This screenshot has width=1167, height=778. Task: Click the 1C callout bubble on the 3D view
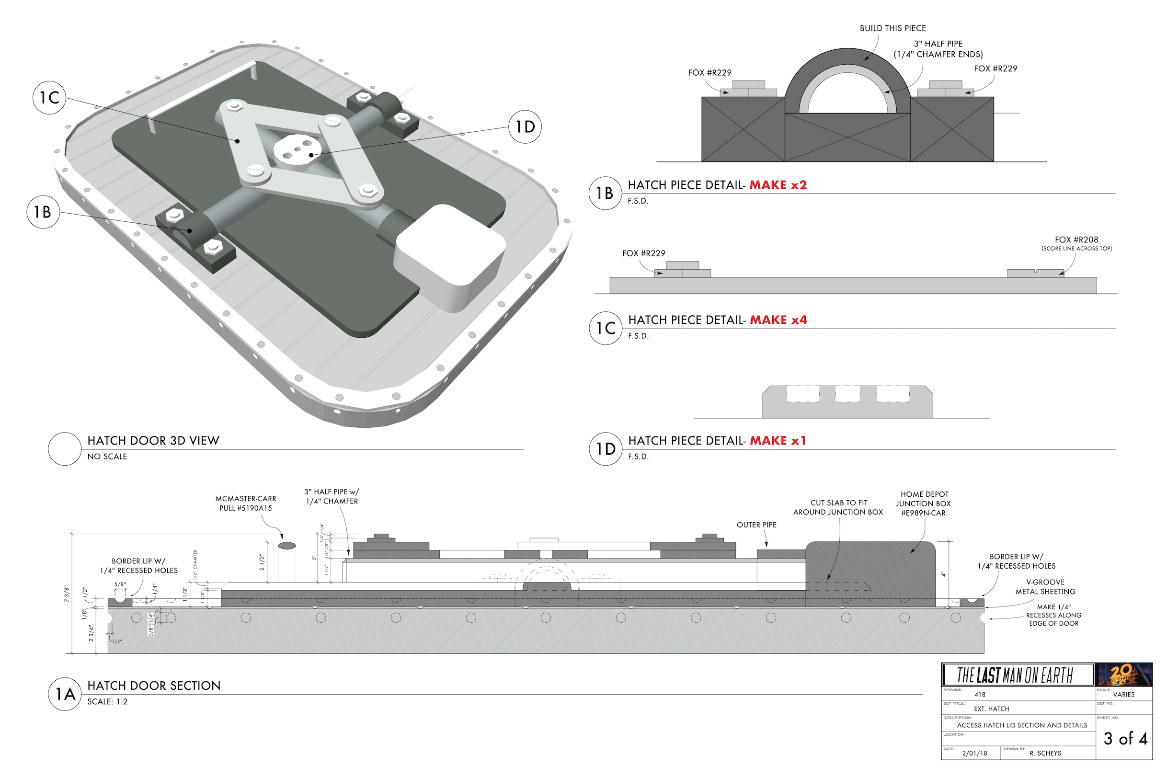[49, 98]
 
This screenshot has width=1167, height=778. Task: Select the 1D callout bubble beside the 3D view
[525, 127]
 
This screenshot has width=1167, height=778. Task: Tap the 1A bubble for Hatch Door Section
[65, 694]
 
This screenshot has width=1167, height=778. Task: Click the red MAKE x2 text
[778, 185]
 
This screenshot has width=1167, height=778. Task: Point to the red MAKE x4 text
[778, 320]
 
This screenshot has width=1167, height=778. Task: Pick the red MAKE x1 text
[778, 441]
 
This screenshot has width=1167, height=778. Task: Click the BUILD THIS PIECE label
[892, 28]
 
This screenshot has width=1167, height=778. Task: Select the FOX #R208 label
[1076, 240]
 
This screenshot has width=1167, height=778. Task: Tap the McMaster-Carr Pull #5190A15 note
[246, 503]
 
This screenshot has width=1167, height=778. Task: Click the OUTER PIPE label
[756, 525]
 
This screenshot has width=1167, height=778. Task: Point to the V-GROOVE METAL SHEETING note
[1045, 586]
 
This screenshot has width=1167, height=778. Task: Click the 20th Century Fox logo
[1124, 675]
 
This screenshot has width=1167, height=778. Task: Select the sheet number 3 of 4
[1125, 738]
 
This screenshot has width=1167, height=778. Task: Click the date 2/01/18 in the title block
[974, 753]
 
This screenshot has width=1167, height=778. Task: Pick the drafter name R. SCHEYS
[1045, 753]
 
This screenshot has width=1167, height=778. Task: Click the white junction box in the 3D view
[449, 255]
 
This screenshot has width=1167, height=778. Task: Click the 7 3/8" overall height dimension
[67, 594]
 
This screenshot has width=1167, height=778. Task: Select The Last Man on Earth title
[1015, 675]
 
